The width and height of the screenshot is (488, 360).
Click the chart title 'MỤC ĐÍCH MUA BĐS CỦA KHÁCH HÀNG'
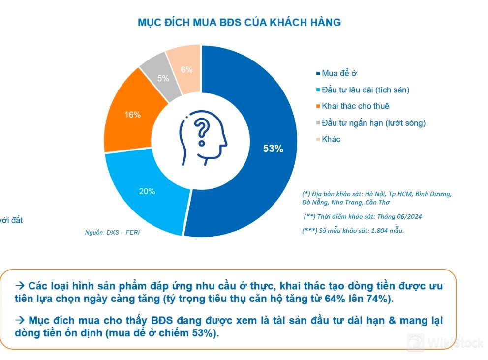tap(239, 23)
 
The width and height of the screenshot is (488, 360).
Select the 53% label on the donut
tap(273, 149)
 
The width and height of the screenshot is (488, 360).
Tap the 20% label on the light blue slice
tap(147, 191)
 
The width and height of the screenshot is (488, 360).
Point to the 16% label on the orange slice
tap(132, 115)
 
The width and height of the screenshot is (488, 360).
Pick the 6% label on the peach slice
tap(186, 70)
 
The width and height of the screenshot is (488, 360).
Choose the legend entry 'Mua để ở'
tap(339, 74)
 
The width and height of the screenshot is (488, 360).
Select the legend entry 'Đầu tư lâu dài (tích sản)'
tap(366, 90)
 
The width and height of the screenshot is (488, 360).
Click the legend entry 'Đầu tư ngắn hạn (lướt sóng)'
tap(373, 123)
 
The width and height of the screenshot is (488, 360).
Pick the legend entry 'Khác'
tap(331, 139)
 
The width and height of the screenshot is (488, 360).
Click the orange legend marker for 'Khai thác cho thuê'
tap(318, 106)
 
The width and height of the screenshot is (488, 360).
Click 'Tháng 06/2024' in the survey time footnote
tap(399, 216)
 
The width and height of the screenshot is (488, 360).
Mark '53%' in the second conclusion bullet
tap(204, 333)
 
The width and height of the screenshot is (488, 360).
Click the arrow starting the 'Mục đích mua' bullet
tap(20, 320)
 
